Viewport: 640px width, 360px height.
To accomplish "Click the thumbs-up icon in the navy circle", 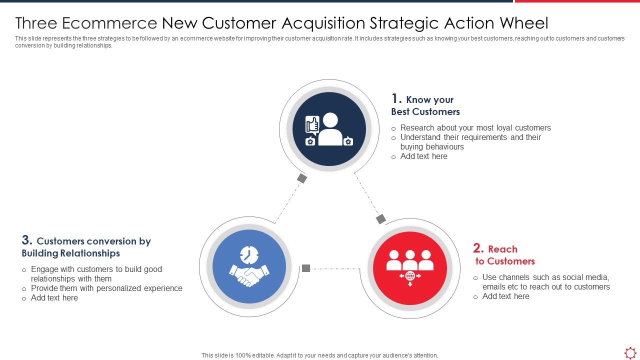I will click(312, 124).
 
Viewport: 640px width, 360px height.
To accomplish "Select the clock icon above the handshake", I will click(248, 255).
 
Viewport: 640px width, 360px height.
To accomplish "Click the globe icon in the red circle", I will click(410, 276).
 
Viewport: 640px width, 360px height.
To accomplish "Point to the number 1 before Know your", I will click(396, 98).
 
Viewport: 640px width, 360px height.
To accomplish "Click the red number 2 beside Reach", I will click(478, 248).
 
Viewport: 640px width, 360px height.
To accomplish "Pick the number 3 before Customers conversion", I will click(27, 240).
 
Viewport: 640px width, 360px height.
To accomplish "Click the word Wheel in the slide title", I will click(525, 23).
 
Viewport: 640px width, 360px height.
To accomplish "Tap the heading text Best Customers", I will click(425, 111).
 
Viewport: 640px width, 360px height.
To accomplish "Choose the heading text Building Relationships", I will click(70, 253).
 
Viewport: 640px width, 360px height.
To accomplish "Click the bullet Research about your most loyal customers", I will click(475, 127).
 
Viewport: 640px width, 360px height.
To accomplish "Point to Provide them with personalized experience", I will click(106, 288).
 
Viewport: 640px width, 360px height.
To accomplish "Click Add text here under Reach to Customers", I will click(505, 296).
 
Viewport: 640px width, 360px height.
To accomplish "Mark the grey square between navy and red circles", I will click(381, 219).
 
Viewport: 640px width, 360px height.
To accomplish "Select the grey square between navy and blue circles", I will click(301, 178).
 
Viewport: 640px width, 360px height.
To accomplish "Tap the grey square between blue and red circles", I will click(306, 268).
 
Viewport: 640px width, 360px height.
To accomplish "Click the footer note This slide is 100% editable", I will click(319, 355).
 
